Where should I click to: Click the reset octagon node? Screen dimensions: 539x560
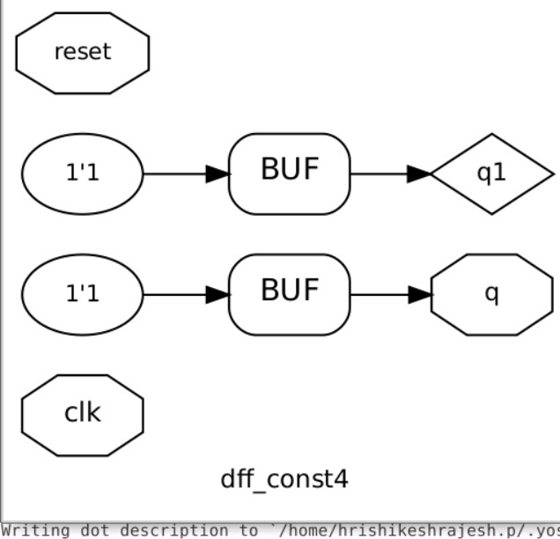[x=82, y=52]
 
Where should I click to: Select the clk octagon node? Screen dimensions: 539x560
[x=82, y=414]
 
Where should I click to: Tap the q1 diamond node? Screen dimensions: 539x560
[x=491, y=174]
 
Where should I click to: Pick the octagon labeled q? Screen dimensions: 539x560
[x=491, y=294]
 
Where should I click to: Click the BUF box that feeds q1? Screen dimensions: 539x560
[x=289, y=174]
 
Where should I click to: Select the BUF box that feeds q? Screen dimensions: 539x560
[x=289, y=294]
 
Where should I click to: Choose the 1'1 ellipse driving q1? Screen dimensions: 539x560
[x=82, y=174]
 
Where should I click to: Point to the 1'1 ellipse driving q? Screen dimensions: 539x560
[x=82, y=294]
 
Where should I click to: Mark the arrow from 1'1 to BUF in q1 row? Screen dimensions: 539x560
[x=181, y=174]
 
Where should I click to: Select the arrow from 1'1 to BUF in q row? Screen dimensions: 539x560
[x=181, y=294]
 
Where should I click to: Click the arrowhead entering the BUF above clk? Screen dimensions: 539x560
[x=217, y=294]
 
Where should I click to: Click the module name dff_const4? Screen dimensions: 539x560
[x=284, y=479]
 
